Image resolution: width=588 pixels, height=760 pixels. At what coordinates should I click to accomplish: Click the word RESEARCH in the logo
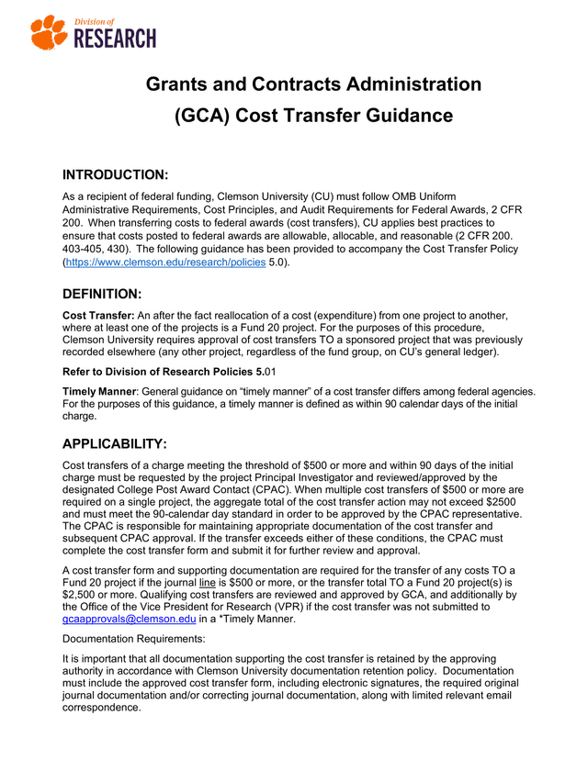click(x=114, y=39)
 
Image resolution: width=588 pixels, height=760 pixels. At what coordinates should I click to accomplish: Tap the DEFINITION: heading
click(x=101, y=295)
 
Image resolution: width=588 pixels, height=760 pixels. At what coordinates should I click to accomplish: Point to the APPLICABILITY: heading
click(x=114, y=444)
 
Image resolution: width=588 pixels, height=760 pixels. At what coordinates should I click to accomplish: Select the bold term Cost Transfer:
click(x=98, y=316)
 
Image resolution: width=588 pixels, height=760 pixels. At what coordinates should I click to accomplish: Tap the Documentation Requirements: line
click(x=129, y=640)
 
